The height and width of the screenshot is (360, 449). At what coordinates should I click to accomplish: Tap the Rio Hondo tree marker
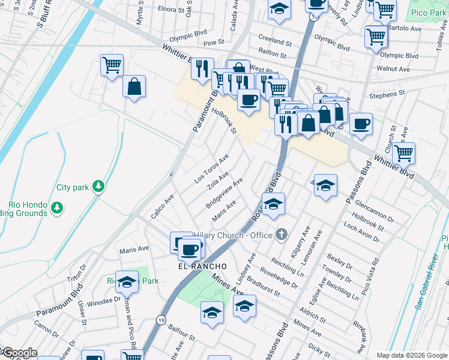[57, 208]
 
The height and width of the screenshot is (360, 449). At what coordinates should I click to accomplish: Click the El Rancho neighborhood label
[202, 266]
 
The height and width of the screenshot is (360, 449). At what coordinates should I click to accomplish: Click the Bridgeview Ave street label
[224, 193]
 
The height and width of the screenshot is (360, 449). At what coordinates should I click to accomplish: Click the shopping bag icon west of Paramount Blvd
[134, 86]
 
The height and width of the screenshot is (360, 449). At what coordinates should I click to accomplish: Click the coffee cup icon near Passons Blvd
[361, 124]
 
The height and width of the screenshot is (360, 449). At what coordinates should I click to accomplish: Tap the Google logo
[19, 353]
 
